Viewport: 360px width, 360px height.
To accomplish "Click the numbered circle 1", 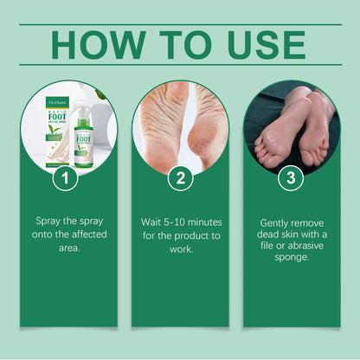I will (x=67, y=180).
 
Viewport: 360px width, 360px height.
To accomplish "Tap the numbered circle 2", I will (x=180, y=180).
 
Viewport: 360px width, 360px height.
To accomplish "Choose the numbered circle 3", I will (x=292, y=180).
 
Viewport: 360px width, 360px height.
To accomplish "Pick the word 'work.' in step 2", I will (x=180, y=247).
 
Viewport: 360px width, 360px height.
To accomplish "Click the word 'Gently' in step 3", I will (x=275, y=222).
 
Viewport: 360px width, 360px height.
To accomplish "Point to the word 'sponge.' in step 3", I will (x=292, y=257).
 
